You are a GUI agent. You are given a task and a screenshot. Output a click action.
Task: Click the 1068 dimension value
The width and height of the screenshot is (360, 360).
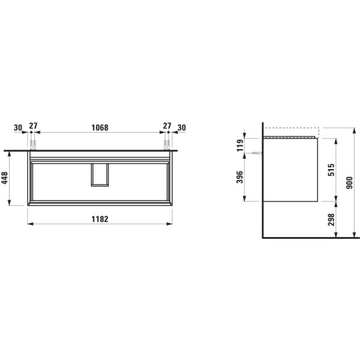[x=100, y=127]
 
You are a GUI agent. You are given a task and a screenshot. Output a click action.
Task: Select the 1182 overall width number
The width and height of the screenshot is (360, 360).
[x=100, y=219]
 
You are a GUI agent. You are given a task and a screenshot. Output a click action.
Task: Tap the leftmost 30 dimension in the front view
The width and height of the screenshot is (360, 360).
[x=18, y=127]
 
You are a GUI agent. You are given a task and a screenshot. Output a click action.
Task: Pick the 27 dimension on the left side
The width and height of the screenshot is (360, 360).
[x=33, y=127]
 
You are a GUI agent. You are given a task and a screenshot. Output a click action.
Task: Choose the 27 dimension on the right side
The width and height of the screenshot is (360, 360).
[x=167, y=127]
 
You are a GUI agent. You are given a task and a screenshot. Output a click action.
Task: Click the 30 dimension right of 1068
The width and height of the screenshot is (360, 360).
[x=182, y=127]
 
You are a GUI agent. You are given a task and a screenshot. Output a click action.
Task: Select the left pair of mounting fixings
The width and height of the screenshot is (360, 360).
[x=33, y=144]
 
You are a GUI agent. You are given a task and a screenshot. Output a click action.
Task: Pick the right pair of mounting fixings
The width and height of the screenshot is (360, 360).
[x=167, y=144]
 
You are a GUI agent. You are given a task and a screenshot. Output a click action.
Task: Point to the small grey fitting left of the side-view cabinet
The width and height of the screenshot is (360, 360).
[x=257, y=153]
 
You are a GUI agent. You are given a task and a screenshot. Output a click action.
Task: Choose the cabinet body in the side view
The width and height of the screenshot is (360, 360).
[x=290, y=171]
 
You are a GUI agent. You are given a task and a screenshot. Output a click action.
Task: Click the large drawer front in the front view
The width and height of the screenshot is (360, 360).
[x=60, y=183]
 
